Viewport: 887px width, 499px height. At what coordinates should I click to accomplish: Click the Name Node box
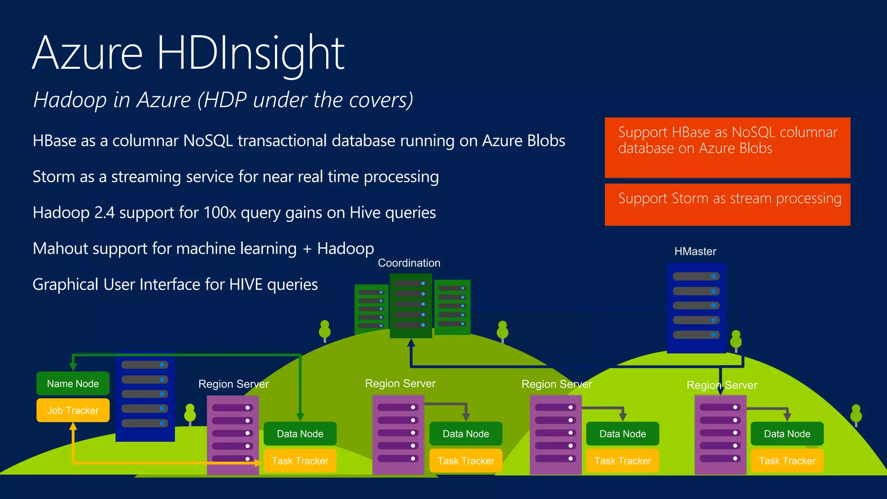coord(73,384)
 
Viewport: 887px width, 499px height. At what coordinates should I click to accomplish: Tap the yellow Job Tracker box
coord(73,411)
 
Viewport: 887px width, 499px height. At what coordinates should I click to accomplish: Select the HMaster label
coord(695,252)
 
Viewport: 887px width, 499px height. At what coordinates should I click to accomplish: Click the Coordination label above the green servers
coord(409,263)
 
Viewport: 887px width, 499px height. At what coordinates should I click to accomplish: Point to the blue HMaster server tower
coord(696,308)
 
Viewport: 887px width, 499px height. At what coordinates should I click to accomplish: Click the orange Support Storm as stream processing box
coord(727,204)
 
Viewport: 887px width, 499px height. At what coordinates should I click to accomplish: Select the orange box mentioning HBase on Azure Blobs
coord(727,147)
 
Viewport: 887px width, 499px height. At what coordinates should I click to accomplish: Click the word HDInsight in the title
coord(250,53)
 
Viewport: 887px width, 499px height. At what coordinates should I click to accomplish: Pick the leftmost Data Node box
coord(300,434)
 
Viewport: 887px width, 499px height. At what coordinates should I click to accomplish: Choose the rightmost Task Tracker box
coord(787,461)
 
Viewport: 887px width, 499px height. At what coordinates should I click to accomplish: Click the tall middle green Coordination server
coord(411,305)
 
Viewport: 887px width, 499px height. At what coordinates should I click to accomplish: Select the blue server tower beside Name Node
coord(145,396)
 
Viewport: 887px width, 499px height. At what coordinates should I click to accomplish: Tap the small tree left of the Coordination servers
coord(324,331)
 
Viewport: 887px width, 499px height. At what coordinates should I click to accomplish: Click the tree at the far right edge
coord(856,415)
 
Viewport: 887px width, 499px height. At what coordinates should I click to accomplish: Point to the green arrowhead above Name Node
coord(73,366)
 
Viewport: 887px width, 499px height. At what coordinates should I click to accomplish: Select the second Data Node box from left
coord(466,434)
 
